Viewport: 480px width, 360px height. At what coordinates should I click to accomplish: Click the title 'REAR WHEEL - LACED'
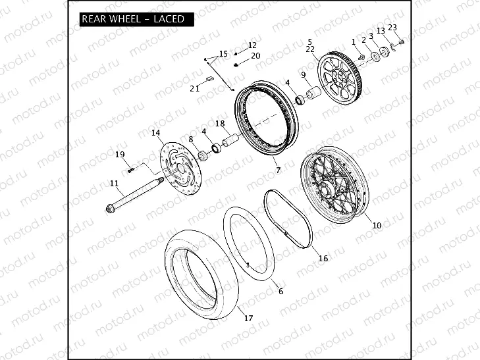click(132, 19)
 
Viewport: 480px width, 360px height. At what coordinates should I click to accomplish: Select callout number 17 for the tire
click(248, 319)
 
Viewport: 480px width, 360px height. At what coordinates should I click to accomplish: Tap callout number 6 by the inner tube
click(280, 291)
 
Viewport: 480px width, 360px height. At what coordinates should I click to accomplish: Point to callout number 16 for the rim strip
click(323, 259)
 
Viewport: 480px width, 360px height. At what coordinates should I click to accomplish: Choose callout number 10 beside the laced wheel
click(377, 225)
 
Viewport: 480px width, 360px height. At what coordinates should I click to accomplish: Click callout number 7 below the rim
click(278, 170)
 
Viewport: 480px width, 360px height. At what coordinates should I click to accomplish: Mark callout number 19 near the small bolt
click(120, 155)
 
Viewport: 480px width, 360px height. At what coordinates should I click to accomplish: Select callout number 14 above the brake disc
click(156, 133)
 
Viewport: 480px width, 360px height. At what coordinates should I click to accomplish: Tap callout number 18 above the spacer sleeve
click(220, 124)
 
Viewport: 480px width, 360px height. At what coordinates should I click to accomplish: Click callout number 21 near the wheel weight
click(194, 88)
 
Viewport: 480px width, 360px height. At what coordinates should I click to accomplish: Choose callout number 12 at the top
click(252, 45)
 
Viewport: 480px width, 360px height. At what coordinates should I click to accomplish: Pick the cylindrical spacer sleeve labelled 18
click(232, 140)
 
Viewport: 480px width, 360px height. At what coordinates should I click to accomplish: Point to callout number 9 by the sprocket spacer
click(304, 74)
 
